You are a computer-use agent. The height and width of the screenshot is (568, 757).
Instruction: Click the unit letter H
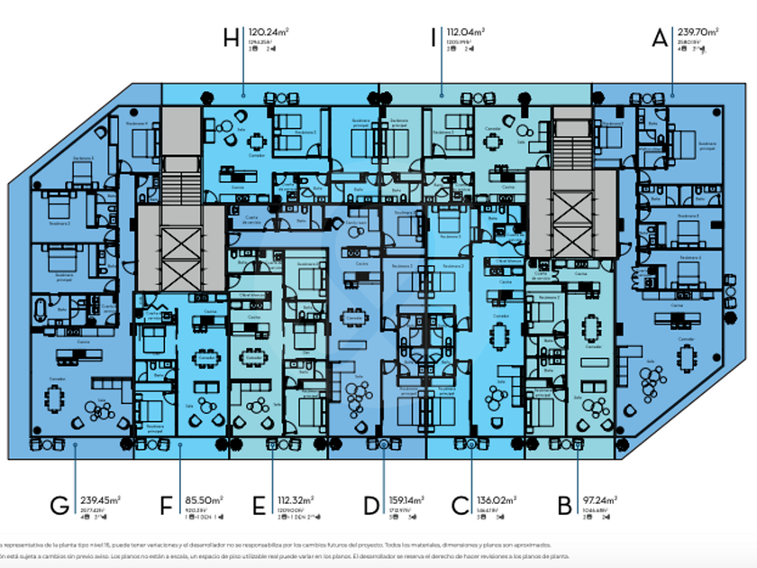232,38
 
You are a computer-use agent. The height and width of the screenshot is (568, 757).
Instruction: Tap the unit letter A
660,38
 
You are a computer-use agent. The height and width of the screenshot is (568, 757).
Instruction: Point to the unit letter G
59,505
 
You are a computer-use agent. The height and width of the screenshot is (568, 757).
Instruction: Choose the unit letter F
166,505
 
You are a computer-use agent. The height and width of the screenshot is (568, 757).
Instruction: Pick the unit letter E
260,505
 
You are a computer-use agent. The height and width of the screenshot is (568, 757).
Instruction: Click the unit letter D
371,505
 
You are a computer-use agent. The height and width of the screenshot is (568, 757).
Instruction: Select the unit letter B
565,505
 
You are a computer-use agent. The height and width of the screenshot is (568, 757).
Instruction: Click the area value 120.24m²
269,32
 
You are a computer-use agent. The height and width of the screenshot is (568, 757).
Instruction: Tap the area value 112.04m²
465,32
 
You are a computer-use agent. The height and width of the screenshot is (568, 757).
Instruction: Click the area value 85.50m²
205,499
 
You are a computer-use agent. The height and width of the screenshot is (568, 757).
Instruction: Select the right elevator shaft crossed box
571,214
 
